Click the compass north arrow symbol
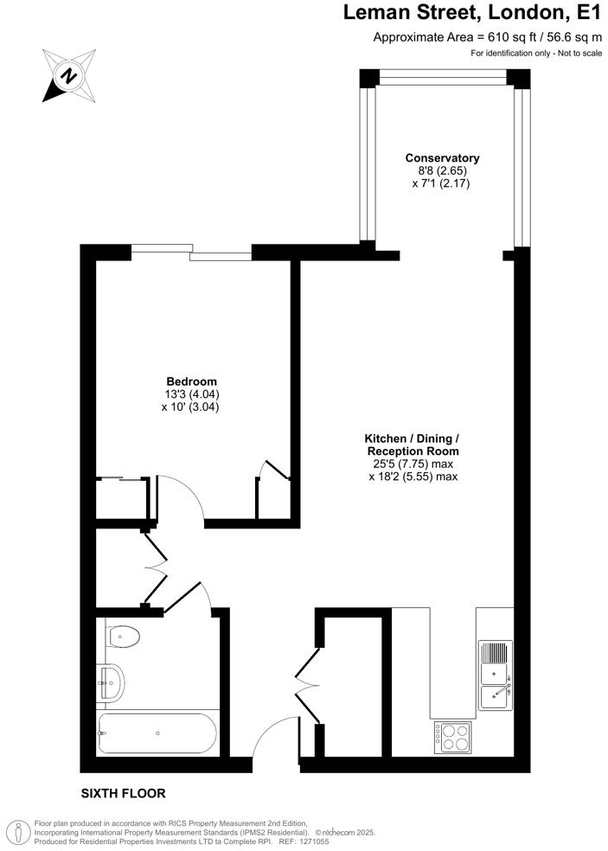pos(68,75)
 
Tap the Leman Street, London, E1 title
pos(472,14)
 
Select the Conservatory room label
pos(442,158)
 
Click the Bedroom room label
pos(191,381)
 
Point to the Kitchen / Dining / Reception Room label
pos(412,445)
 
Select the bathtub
pos(157,733)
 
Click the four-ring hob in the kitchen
pos(452,736)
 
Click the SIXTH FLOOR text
pos(123,793)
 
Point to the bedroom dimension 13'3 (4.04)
pos(191,394)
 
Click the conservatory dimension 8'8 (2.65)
pos(442,171)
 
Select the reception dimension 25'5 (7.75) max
pos(413,464)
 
